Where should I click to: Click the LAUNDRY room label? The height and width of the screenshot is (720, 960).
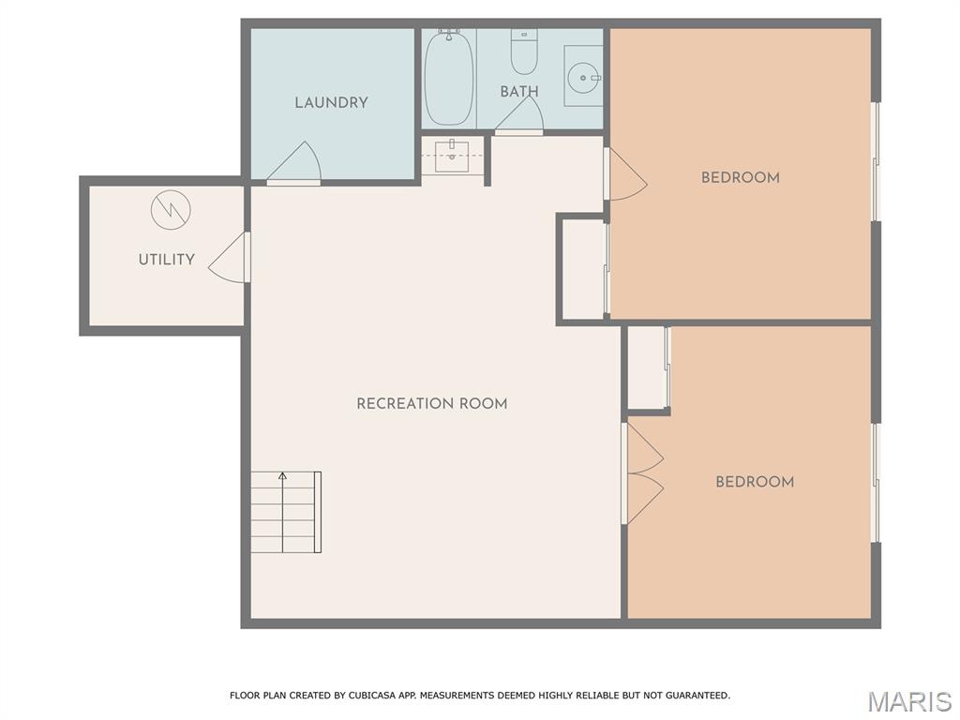click(x=331, y=102)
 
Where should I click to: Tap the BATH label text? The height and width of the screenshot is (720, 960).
click(x=518, y=92)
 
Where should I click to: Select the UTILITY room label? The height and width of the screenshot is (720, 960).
click(x=167, y=260)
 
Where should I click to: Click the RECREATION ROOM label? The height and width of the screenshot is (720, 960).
click(x=431, y=404)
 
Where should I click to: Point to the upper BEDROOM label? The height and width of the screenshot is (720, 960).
click(x=740, y=177)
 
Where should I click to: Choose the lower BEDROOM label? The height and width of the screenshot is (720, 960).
click(x=754, y=482)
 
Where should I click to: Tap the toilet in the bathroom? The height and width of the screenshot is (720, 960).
click(x=524, y=52)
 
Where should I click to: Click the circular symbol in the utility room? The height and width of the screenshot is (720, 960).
click(x=171, y=210)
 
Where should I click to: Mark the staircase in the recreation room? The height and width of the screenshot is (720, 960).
click(x=286, y=512)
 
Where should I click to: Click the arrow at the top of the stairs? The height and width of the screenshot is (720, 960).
click(x=282, y=477)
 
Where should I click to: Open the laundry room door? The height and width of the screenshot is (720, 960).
click(x=296, y=163)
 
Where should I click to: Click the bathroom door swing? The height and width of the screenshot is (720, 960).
click(x=520, y=115)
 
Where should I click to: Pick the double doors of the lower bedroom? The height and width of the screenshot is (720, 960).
click(x=642, y=472)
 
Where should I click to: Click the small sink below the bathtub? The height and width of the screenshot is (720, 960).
click(x=453, y=155)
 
